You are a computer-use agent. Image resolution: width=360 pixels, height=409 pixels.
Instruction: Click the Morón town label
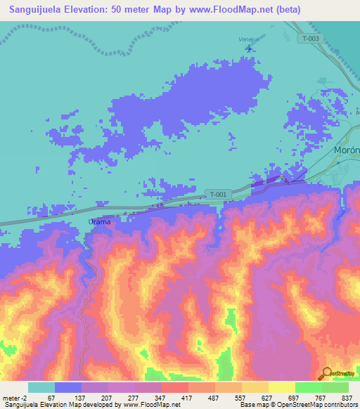347,150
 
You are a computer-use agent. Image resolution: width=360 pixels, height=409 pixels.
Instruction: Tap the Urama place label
100,221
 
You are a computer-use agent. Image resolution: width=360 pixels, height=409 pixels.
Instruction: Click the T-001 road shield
218,194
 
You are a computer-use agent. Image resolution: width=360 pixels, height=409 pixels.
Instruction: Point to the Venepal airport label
249,39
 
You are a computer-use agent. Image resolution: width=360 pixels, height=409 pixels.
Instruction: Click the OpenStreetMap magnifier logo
327,372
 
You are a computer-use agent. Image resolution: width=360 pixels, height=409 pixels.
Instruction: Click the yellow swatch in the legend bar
281,387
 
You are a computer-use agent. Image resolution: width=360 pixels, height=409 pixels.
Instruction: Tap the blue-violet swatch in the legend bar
68,387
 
